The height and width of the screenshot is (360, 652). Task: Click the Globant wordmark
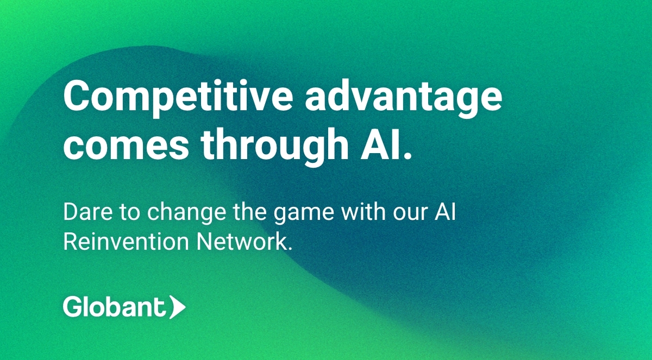[114, 307]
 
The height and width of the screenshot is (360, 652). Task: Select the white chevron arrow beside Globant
[177, 307]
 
